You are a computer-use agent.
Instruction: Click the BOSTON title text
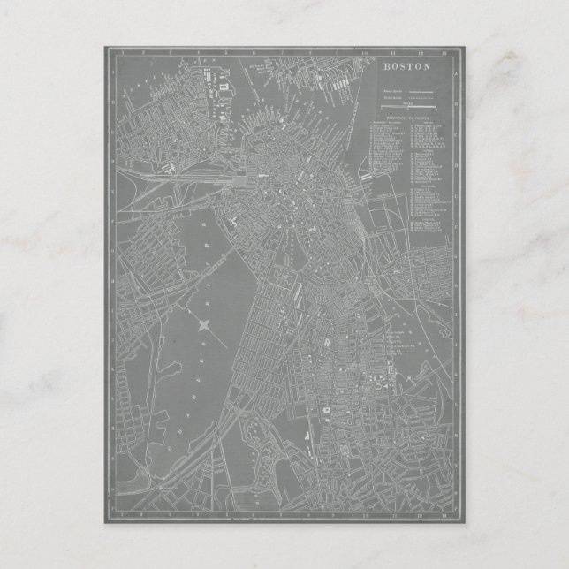point(406,66)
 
